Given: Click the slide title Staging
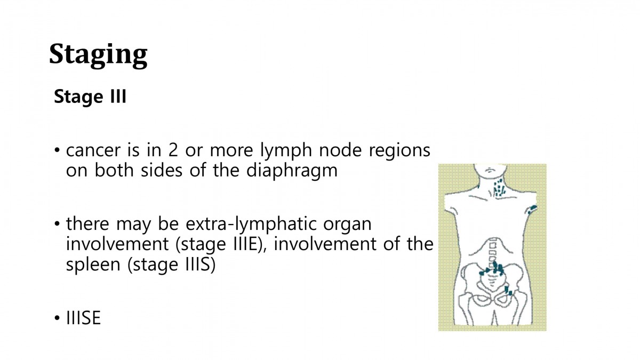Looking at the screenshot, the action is [98, 55].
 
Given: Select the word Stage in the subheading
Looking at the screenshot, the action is [78, 97].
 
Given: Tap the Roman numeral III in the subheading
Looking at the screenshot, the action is [118, 96].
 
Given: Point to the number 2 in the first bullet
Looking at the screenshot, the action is [173, 150].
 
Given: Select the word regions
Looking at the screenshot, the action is [399, 151].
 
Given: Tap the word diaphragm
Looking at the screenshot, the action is [292, 171].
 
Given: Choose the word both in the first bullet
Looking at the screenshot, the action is [114, 170].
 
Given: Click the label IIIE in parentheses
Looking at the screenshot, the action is [246, 244].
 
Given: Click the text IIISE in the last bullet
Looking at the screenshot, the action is [83, 318].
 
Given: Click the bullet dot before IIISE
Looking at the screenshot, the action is [57, 318].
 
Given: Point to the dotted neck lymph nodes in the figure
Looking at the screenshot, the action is [499, 188].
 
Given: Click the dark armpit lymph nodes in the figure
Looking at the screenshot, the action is [532, 210].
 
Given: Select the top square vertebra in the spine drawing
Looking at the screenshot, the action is [493, 245].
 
